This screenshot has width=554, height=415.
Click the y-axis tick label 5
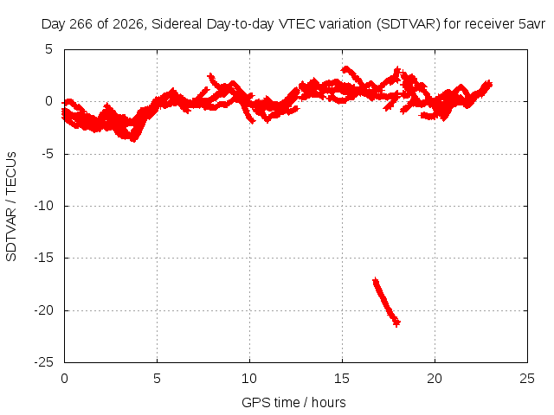pyautogui.click(x=48, y=49)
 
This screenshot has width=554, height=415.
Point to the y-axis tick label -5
pyautogui.click(x=43, y=154)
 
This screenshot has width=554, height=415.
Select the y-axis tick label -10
pyautogui.click(x=43, y=206)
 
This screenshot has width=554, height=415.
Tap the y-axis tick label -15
pyautogui.click(x=43, y=258)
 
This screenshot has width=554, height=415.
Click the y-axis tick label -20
pyautogui.click(x=43, y=310)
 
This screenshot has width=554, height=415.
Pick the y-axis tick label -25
pyautogui.click(x=43, y=362)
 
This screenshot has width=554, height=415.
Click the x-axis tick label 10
pyautogui.click(x=249, y=379)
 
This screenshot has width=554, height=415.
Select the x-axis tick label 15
pyautogui.click(x=342, y=379)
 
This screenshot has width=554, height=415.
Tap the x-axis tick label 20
pyautogui.click(x=435, y=379)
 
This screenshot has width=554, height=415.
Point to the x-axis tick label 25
pyautogui.click(x=527, y=379)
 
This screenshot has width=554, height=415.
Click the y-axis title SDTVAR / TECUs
pyautogui.click(x=11, y=207)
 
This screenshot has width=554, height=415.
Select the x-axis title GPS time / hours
pyautogui.click(x=293, y=402)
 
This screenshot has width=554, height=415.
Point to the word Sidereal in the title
pyautogui.click(x=177, y=24)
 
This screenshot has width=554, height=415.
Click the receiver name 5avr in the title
pyautogui.click(x=532, y=24)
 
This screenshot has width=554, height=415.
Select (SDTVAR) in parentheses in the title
pyautogui.click(x=408, y=24)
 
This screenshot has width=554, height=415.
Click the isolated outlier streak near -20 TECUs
pyautogui.click(x=386, y=302)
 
